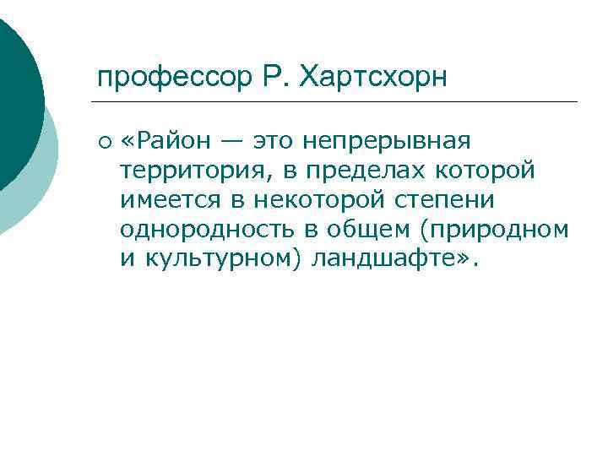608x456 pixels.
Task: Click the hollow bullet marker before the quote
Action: click(102, 139)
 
